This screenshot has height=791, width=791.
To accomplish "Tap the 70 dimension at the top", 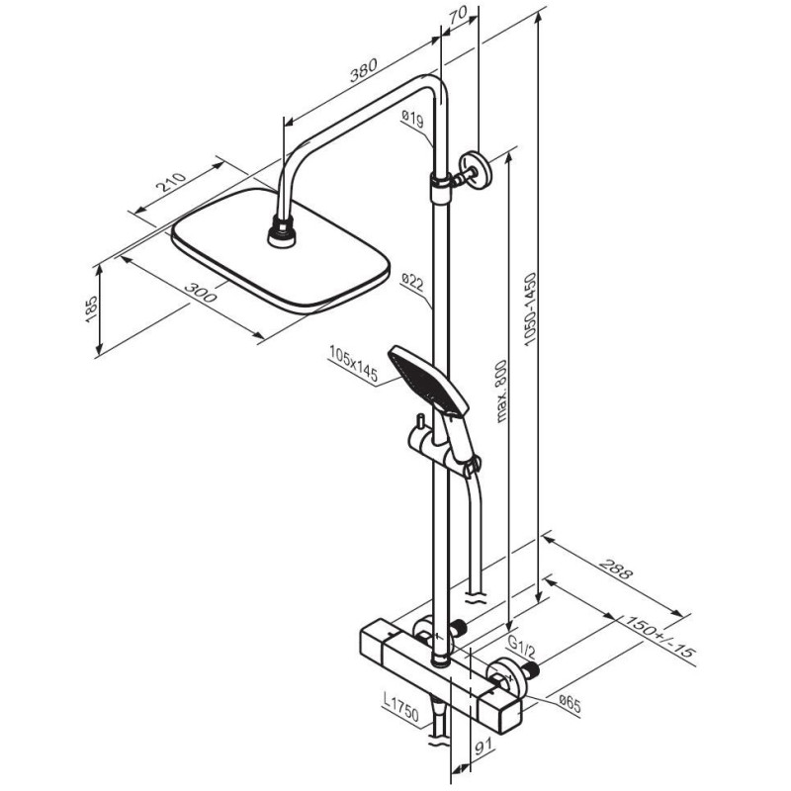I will pyautogui.click(x=456, y=16).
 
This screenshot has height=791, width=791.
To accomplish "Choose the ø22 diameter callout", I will pyautogui.click(x=412, y=285).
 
